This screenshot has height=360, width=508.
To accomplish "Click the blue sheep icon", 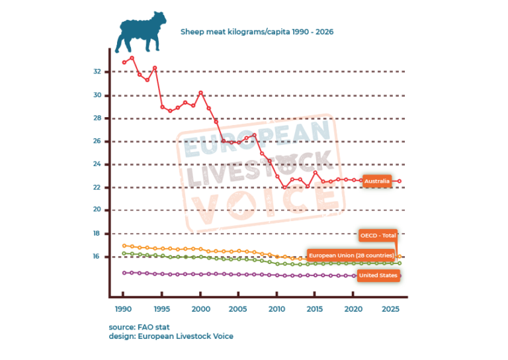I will pos(140,34).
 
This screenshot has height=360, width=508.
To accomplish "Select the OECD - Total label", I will pos(378,235).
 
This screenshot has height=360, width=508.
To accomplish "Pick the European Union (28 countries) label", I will pos(351,255).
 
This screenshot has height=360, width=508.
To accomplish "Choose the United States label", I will pos(378,275).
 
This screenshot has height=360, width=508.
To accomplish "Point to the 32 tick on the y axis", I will pos(97,71).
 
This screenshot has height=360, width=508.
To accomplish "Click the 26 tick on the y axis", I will pos(97,142).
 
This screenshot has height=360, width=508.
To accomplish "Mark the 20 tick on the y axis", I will pos(97,210).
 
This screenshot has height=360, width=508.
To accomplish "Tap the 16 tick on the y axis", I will pos(97,257).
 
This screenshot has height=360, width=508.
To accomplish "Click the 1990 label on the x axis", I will pos(123,309).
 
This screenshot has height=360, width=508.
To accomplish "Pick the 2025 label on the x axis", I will pos(392,309).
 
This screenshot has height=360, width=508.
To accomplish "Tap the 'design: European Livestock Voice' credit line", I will pos(171,336).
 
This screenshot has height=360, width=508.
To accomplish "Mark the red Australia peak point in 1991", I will pos(132,58).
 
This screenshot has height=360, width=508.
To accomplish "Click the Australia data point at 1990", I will pos(124,62).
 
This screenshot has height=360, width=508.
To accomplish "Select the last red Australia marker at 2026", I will pos(400,181).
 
